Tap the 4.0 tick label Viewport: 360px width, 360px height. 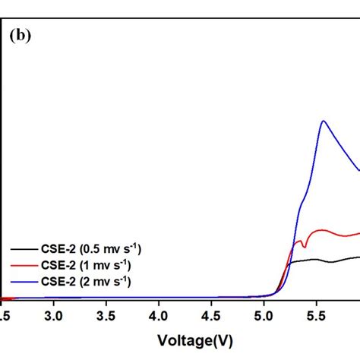point(159,313)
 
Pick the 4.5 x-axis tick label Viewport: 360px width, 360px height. point(211,313)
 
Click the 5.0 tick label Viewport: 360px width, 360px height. point(264,313)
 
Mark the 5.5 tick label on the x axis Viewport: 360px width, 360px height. point(316,313)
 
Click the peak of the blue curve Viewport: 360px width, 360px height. point(324,121)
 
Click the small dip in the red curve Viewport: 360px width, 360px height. point(304,245)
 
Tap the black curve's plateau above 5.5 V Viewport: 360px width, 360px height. point(319,260)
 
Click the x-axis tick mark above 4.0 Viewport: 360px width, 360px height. point(159,297)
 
